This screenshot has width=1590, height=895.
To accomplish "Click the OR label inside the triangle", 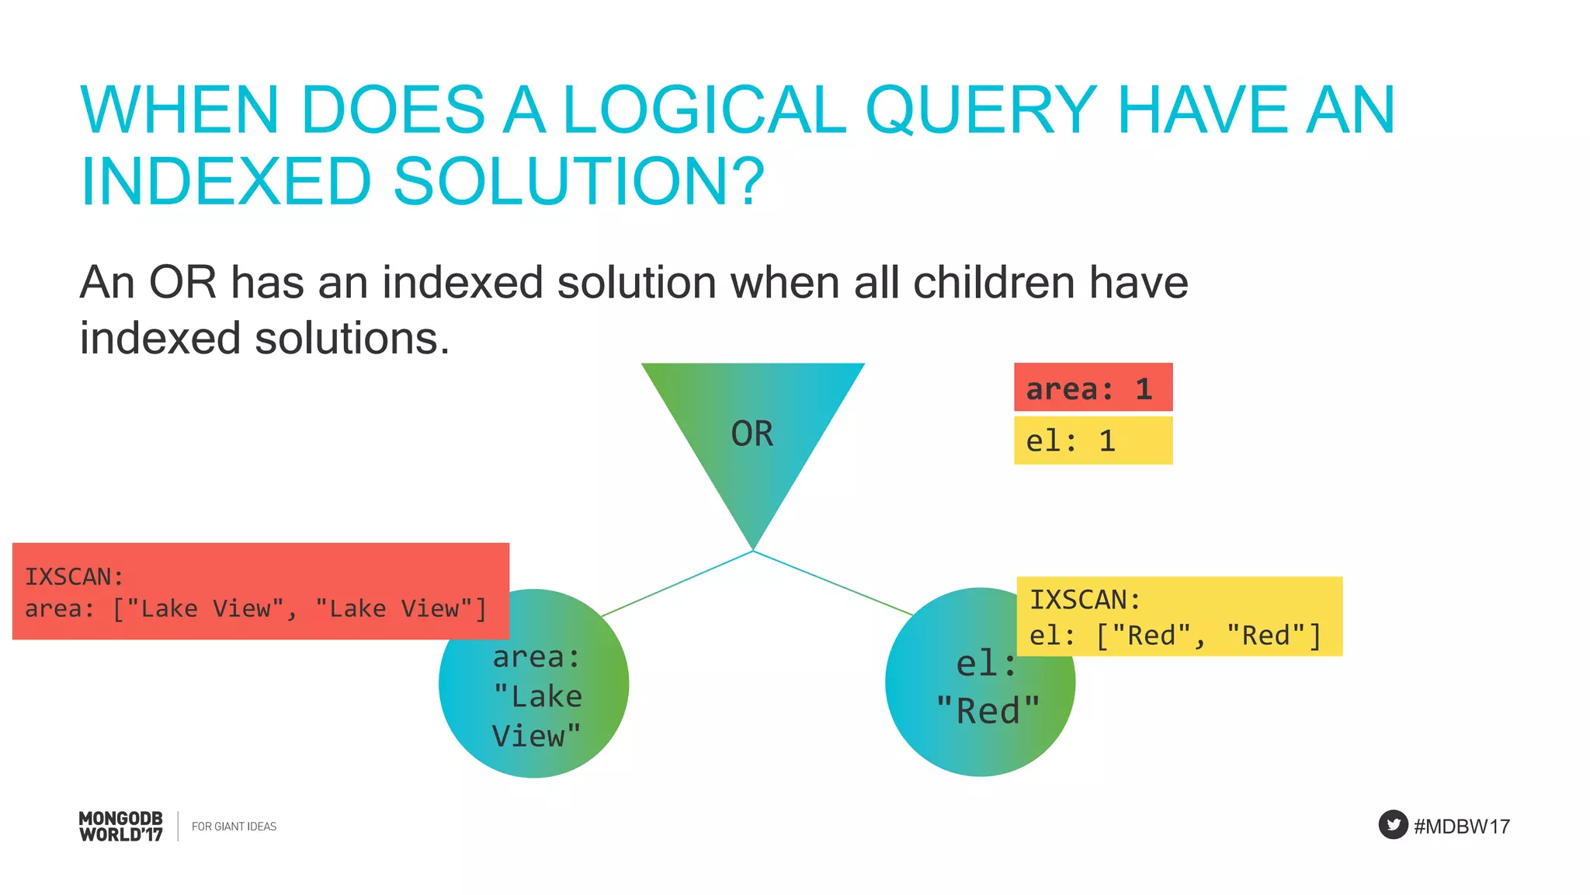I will point(752,434).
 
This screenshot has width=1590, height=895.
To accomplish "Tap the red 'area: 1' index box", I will point(1092,388).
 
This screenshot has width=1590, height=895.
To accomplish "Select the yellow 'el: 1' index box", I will point(1092,441).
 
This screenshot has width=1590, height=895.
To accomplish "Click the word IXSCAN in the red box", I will point(74,576).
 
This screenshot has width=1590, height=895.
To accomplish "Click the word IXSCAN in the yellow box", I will point(1085,600).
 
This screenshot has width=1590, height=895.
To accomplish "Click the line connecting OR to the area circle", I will point(677,583).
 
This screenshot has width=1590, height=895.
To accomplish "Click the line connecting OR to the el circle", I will point(832,583).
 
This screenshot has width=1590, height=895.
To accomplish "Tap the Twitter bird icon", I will point(1393,825).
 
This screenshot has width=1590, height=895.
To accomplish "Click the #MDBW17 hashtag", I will point(1461,826).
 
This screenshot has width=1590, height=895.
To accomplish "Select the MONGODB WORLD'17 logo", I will point(121,826).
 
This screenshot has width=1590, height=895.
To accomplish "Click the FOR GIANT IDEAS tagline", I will point(234,826).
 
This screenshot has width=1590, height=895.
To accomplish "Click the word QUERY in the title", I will point(981,110).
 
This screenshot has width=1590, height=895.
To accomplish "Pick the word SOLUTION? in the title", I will point(578,182).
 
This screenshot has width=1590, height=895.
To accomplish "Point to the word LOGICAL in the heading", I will point(703,110).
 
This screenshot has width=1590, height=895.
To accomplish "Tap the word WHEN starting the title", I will point(179,110).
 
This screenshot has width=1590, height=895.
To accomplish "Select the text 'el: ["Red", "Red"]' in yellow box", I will point(1175,636).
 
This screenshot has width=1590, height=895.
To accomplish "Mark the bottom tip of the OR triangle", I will point(752,548).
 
